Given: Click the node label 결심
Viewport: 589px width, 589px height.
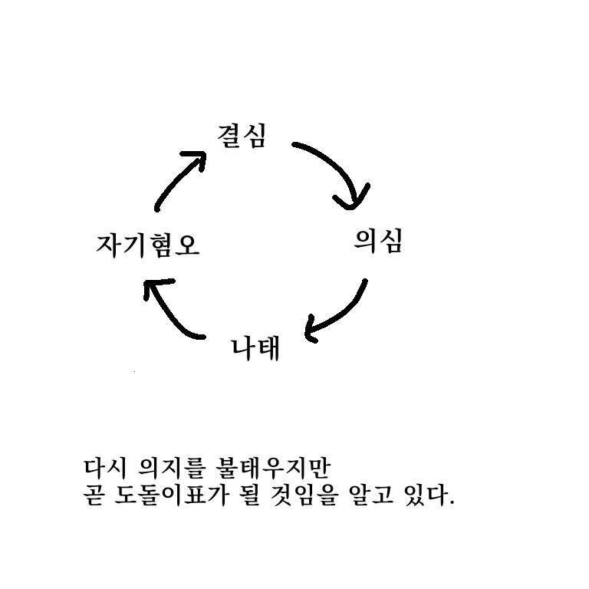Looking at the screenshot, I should pyautogui.click(x=242, y=137).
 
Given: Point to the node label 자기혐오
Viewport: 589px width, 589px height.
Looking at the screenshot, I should pyautogui.click(x=147, y=245).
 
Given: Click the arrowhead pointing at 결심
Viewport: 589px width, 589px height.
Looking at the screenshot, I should pyautogui.click(x=196, y=160).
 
